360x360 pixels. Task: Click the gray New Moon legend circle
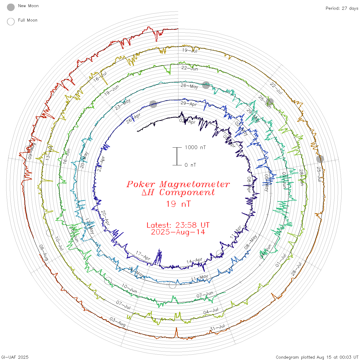pos(11,7)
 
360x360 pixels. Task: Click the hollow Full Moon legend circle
pos(11,22)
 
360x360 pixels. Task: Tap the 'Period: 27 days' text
pos(342,8)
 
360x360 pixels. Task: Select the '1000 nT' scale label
pos(195,147)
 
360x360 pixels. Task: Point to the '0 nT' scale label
pos(190,165)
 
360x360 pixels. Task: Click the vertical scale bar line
pos(177,156)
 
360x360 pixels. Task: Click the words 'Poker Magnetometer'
pos(178,184)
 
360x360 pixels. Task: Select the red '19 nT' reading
pos(178,204)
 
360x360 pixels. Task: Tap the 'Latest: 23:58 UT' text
pos(178,225)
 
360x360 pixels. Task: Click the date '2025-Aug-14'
pos(178,232)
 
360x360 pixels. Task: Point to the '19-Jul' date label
pos(190,50)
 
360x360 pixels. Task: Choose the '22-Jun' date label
pos(190,68)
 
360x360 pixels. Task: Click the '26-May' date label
pos(189,86)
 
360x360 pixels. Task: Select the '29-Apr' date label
pos(188,104)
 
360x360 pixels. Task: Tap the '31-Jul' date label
pos(218,328)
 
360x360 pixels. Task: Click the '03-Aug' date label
pos(118,322)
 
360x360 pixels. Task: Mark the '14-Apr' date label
pos(194,261)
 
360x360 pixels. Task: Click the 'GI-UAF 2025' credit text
pos(15,357)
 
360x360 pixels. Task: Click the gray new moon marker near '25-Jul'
pos(320,159)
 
